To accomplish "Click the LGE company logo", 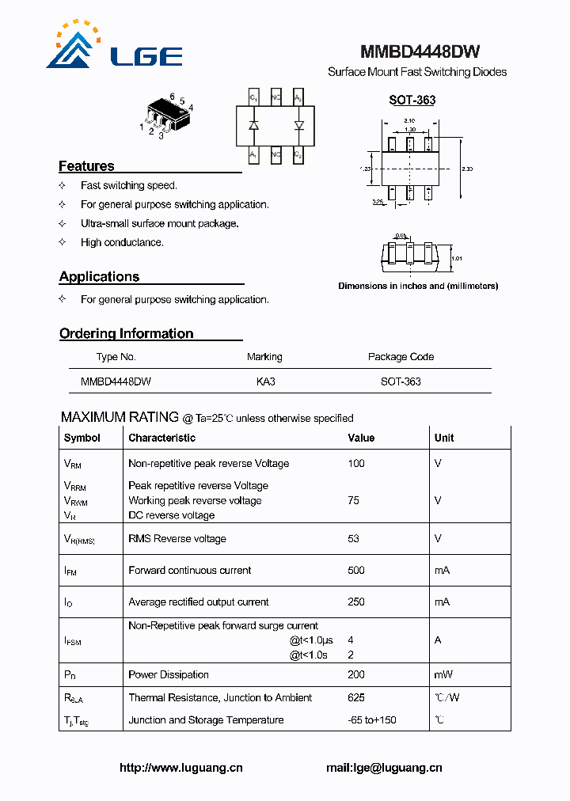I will click(115, 47).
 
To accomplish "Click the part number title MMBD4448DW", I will click(420, 52).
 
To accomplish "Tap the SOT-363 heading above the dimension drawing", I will click(412, 101).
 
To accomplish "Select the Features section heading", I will click(86, 166).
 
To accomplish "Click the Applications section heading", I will click(99, 277).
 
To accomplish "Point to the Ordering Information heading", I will click(126, 334).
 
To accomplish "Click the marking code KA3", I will click(265, 382).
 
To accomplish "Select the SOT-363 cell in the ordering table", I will click(401, 382).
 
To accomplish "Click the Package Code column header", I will click(401, 357).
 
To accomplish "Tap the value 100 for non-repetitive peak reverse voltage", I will click(356, 464).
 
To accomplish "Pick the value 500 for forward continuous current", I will click(356, 570).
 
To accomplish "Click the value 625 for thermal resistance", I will click(356, 697).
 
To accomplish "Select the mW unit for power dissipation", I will click(443, 674).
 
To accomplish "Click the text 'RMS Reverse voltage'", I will click(177, 539).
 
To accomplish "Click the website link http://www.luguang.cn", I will click(180, 767).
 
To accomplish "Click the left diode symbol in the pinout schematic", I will click(253, 126).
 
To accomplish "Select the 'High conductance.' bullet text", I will click(122, 243).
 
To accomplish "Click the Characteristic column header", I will click(161, 438).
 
